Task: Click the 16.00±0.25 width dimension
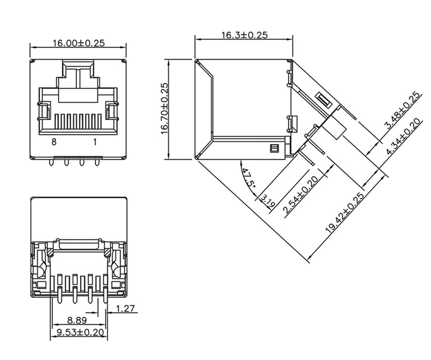[x=79, y=43]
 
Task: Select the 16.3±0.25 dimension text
[x=244, y=35]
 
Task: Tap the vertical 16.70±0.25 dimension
[x=165, y=108]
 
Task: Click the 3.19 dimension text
[x=267, y=201]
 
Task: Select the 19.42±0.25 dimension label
[x=344, y=213]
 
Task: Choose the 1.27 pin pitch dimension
[x=125, y=308]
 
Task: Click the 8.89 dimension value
[x=77, y=320]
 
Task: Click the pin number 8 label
[x=54, y=142]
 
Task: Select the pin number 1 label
[x=95, y=142]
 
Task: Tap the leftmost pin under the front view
[x=51, y=163]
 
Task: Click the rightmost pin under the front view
[x=97, y=163]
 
